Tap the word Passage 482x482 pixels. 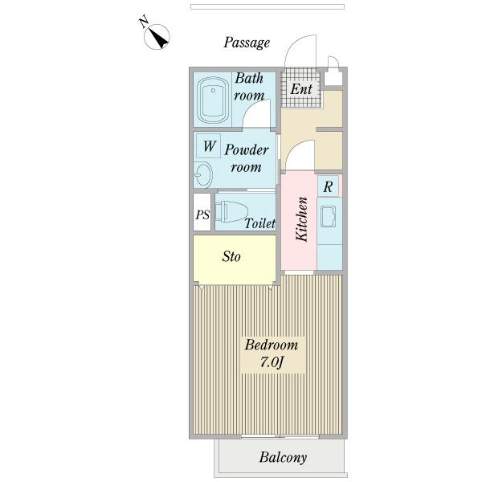click(x=246, y=43)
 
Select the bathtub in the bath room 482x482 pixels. click(x=214, y=100)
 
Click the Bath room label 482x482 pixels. click(x=249, y=87)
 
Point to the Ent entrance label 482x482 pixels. click(x=301, y=89)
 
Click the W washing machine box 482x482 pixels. click(x=209, y=147)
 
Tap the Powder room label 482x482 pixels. click(x=246, y=158)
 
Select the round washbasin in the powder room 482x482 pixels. click(x=202, y=174)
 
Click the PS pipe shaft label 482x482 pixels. click(x=202, y=214)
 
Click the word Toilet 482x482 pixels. click(x=260, y=223)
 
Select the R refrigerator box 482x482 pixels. click(x=328, y=186)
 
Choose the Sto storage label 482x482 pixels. click(x=232, y=257)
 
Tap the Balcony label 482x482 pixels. click(x=283, y=458)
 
